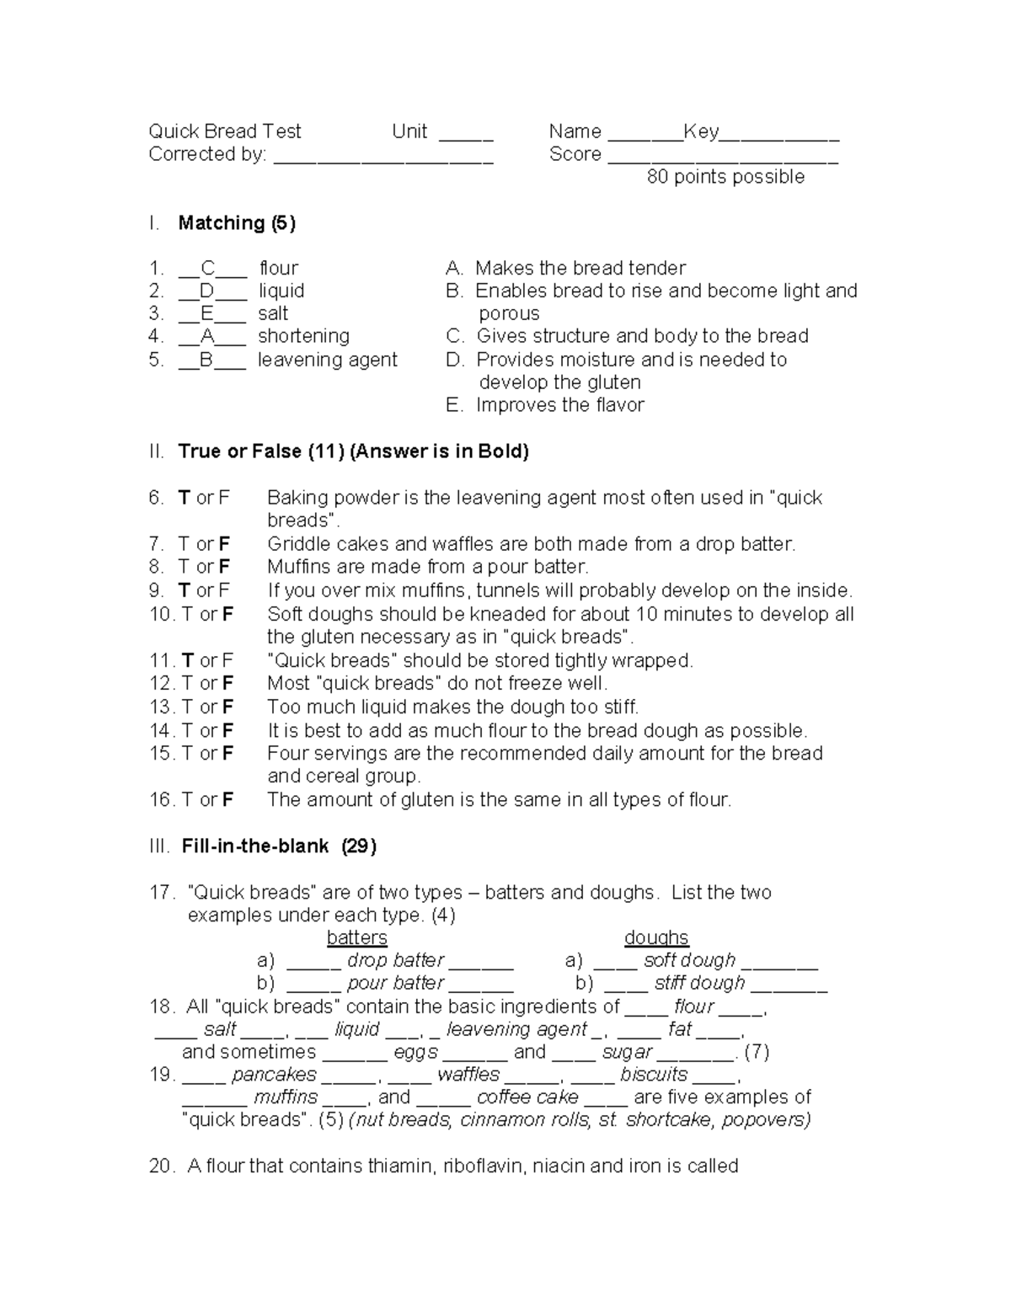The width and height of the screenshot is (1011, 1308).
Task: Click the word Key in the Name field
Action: pos(700,131)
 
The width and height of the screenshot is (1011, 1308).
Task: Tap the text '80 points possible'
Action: pos(725,177)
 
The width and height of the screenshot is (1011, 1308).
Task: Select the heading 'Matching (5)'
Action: pos(237,223)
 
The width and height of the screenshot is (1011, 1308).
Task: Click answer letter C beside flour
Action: pos(208,269)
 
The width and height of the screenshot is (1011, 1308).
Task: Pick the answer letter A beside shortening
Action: pos(207,336)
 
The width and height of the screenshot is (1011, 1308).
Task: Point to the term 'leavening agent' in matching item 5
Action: pos(327,360)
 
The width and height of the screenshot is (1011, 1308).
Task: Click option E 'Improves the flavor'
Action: pos(559,405)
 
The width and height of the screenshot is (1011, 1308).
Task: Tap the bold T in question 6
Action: pos(185,498)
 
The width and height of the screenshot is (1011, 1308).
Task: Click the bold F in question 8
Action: pos(224,567)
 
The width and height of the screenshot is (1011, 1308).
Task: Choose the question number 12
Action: pos(160,683)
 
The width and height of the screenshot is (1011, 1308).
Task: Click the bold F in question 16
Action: pos(227,799)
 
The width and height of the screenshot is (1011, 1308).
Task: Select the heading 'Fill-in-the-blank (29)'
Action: pos(278,846)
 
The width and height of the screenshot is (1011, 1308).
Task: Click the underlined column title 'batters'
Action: pos(356,937)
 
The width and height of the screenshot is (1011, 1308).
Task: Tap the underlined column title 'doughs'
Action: pos(656,937)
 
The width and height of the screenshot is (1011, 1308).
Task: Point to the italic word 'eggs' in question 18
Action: pos(415,1052)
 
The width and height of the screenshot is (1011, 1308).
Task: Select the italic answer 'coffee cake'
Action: pos(527,1097)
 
